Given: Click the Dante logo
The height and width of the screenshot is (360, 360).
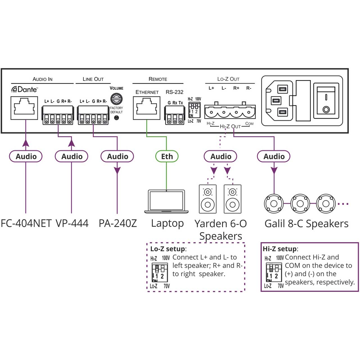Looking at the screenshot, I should point(24,89).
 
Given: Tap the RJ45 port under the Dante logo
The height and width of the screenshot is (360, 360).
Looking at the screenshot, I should point(24,108).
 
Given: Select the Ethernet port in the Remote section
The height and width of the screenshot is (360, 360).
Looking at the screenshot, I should point(147,108).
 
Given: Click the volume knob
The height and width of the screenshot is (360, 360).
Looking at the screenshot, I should point(116,99).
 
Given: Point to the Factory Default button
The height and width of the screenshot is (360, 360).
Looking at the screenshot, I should point(116,118).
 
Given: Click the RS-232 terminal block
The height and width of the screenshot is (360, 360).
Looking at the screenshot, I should point(175,115).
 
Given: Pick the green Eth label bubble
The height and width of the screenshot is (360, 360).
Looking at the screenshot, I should point(167,156).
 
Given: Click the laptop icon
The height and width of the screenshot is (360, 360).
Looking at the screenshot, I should point(166,201).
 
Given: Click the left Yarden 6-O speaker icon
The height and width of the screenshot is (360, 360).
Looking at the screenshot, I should point(208,199).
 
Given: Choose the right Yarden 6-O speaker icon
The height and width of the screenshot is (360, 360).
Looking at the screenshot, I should point(232,199).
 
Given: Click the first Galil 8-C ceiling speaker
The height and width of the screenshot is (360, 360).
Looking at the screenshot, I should point(274,203).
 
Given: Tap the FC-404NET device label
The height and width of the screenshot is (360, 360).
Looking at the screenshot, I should point(26,223).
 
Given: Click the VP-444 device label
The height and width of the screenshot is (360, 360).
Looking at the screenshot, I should point(72,223).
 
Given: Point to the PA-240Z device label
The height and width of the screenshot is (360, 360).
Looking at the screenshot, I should point(118,223).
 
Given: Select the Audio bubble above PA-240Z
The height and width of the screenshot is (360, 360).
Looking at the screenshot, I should point(117,156).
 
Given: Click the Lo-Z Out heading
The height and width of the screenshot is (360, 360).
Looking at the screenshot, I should point(228,79).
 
